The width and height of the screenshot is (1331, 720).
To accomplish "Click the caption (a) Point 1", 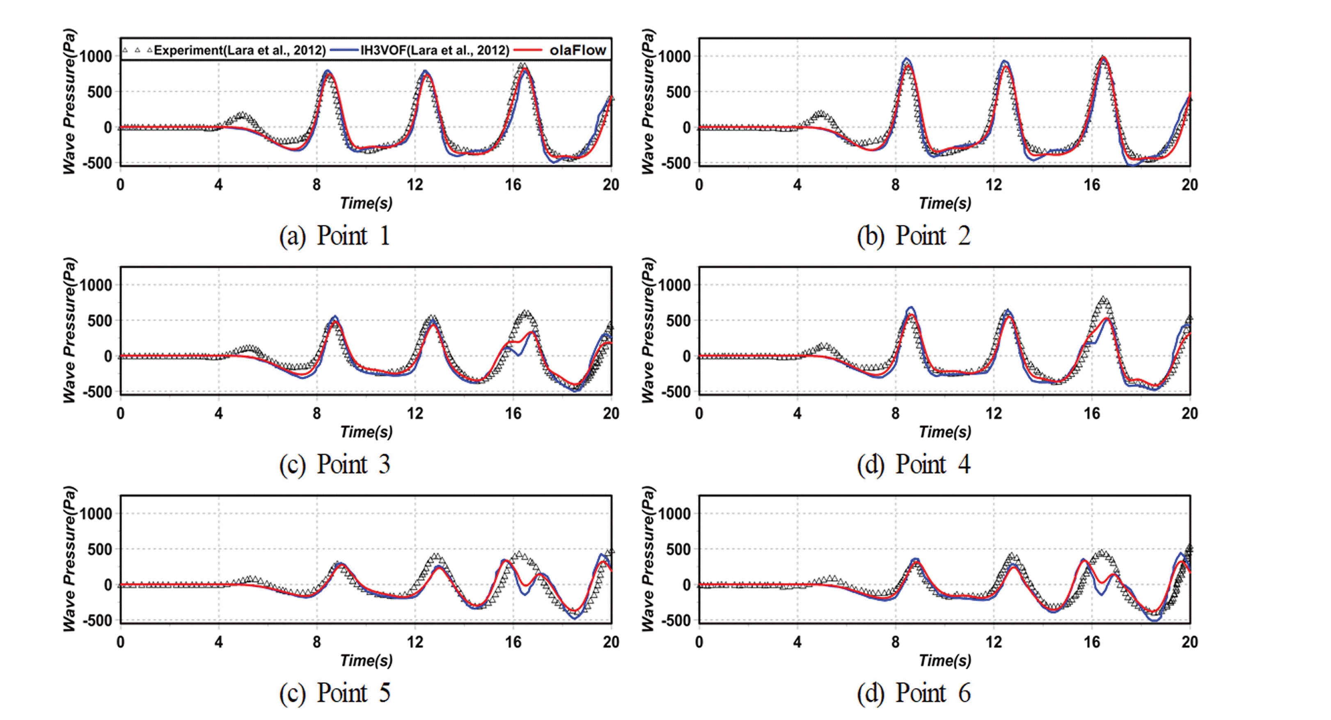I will [x=334, y=236].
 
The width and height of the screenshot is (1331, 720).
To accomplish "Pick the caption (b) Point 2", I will [x=913, y=236].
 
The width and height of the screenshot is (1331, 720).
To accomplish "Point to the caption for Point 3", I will [x=334, y=464].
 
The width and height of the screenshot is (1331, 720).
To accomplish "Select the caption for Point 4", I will [x=913, y=464].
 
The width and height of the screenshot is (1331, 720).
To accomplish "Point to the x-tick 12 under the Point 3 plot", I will [x=415, y=413].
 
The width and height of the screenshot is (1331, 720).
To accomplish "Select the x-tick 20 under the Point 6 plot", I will [x=1189, y=642].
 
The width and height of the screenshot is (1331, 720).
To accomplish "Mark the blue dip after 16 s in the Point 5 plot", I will [x=525, y=594].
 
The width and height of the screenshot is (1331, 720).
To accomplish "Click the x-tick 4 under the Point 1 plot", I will [x=219, y=185].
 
